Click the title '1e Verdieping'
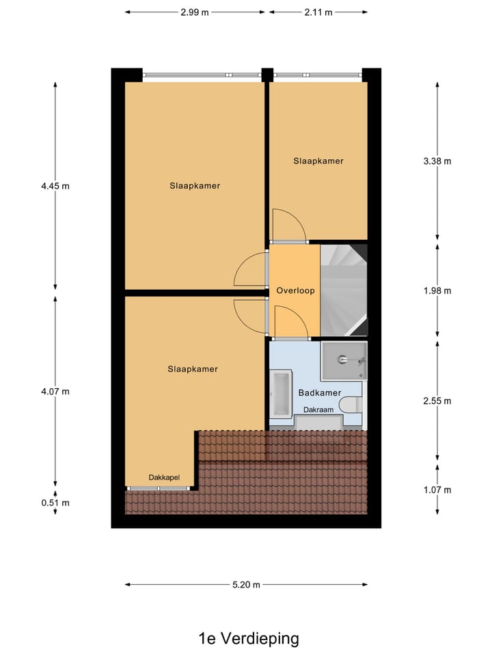pyautogui.click(x=249, y=639)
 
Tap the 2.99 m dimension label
pyautogui.click(x=195, y=12)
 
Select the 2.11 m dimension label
pyautogui.click(x=318, y=12)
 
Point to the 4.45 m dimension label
pyautogui.click(x=55, y=185)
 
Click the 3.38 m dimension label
pyautogui.click(x=437, y=161)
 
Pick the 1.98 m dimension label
pyautogui.click(x=437, y=290)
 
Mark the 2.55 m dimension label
pyautogui.click(x=437, y=401)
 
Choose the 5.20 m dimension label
pyautogui.click(x=246, y=585)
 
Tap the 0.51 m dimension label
pyautogui.click(x=55, y=503)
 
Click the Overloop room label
pyautogui.click(x=295, y=290)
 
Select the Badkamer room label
pyautogui.click(x=320, y=393)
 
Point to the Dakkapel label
pyautogui.click(x=164, y=478)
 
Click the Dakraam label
pyautogui.click(x=319, y=410)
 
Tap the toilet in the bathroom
pyautogui.click(x=353, y=406)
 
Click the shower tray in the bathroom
pyautogui.click(x=344, y=360)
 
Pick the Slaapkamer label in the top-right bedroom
pyautogui.click(x=318, y=161)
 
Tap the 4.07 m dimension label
pyautogui.click(x=55, y=392)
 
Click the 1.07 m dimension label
pyautogui.click(x=437, y=490)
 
